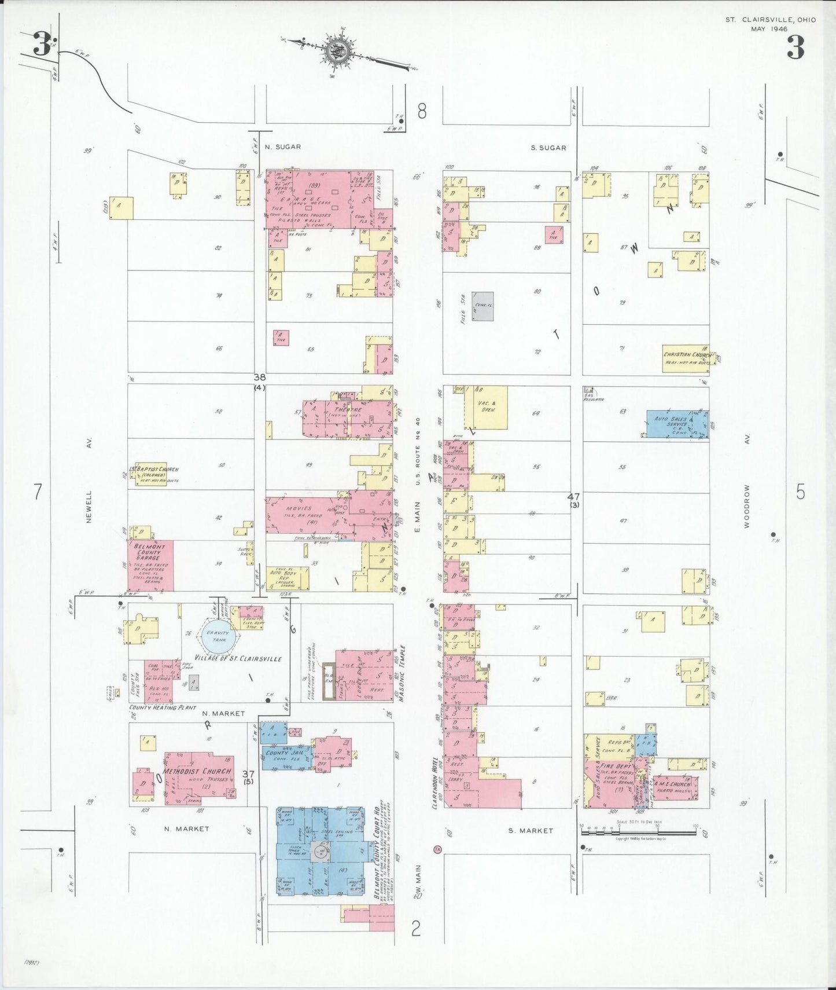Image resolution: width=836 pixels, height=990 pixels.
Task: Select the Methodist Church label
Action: point(197,771)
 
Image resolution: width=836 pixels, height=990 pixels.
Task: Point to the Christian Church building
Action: point(686,358)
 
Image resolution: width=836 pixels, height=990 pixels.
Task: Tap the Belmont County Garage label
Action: point(150,552)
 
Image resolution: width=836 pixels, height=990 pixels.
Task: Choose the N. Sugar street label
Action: point(283,147)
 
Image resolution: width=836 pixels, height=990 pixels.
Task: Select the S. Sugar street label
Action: point(548,148)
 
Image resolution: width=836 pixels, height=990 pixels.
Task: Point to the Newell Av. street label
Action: point(89,507)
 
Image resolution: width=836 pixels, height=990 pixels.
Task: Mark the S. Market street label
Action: point(531,830)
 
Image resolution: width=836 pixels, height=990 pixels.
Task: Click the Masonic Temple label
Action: point(402,674)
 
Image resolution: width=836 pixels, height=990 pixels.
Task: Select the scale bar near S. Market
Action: point(638,831)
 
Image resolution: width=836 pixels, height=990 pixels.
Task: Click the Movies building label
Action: point(299,508)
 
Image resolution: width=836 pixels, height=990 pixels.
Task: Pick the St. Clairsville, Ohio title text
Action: point(771,20)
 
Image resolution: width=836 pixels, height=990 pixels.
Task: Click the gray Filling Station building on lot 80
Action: point(483,306)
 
